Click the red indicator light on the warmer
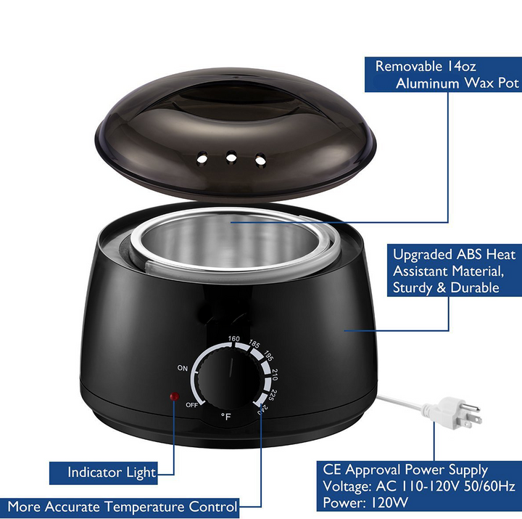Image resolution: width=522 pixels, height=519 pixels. [x=175, y=396]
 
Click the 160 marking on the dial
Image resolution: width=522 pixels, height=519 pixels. [x=234, y=339]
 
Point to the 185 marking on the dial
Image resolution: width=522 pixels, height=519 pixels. [x=254, y=344]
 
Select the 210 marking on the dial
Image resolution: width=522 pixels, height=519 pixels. [x=275, y=375]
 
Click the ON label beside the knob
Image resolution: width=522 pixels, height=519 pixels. [x=183, y=368]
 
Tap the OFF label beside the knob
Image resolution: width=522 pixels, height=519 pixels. [x=191, y=405]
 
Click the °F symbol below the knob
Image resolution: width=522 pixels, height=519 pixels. [x=226, y=417]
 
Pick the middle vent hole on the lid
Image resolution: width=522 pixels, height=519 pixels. [x=231, y=157]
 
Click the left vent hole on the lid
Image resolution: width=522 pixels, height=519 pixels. [x=202, y=158]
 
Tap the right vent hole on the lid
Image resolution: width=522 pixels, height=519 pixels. [x=260, y=160]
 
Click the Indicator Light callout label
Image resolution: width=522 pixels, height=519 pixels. [x=112, y=473]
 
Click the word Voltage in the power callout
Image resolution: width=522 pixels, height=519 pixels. [x=347, y=486]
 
